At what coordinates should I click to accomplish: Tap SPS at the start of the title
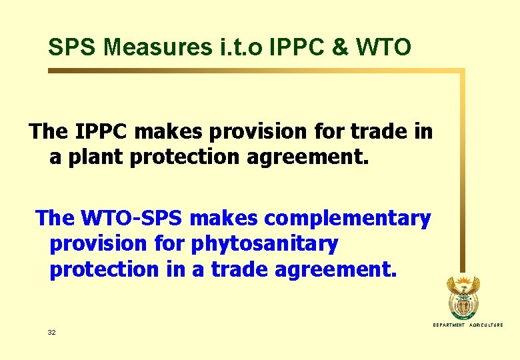[x=74, y=47]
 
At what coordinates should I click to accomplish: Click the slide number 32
[x=52, y=331]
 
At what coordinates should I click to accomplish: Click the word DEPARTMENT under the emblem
[x=449, y=325]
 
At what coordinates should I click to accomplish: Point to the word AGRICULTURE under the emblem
[x=486, y=325]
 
